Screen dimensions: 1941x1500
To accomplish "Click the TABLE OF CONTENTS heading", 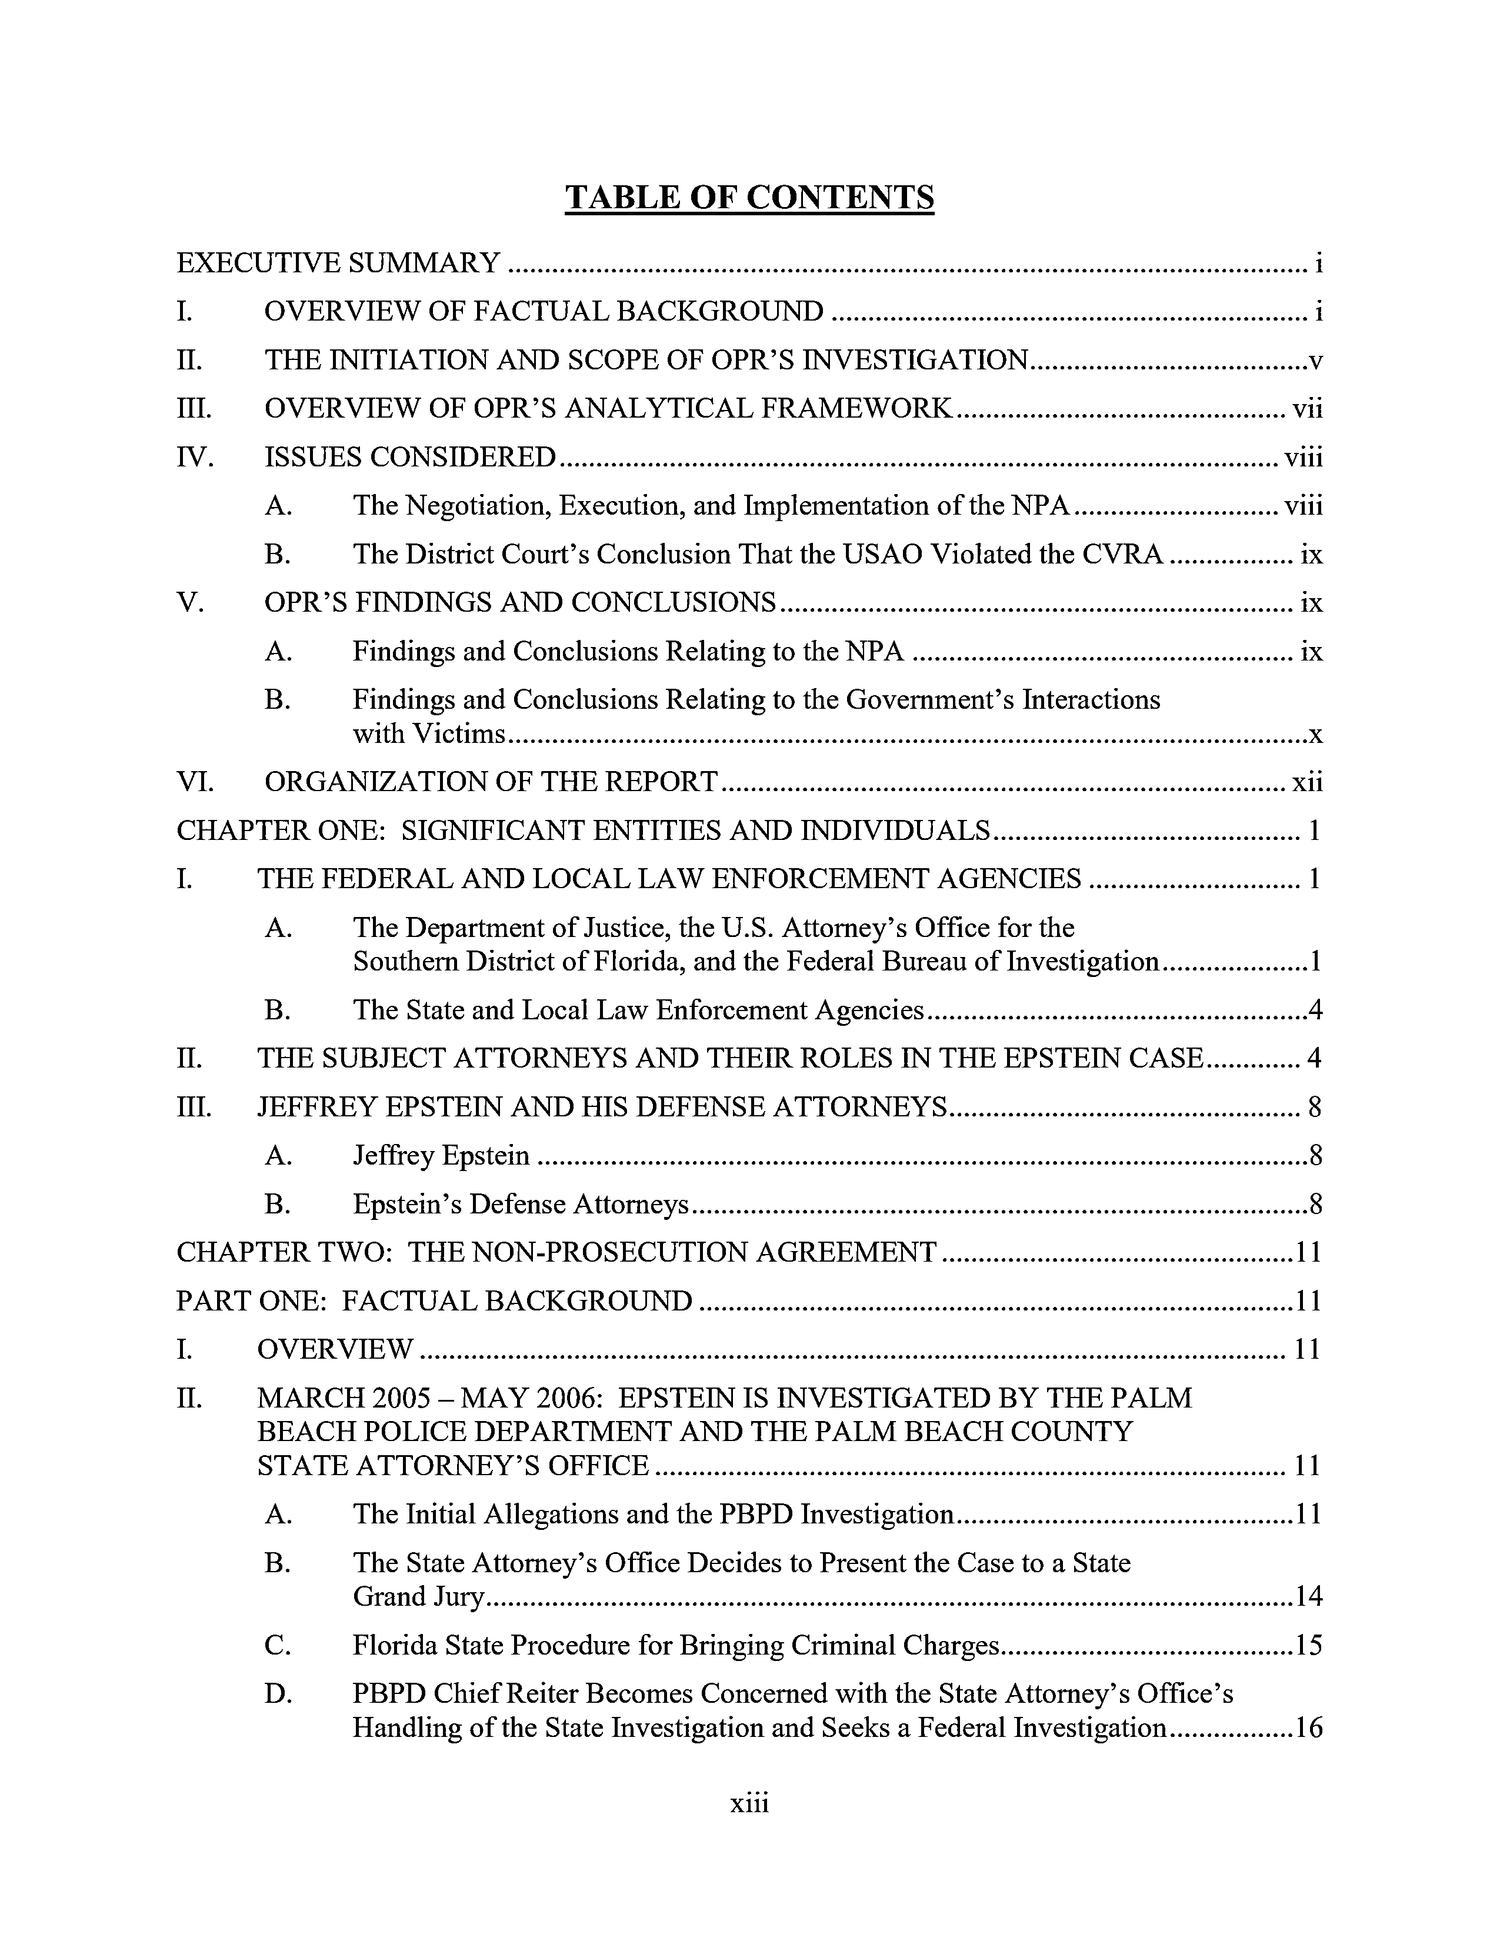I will [x=749, y=197].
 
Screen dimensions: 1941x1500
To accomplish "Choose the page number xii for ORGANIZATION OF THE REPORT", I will [x=1307, y=782].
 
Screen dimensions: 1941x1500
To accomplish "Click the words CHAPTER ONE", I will [x=280, y=831].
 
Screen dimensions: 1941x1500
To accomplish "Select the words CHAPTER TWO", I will [x=284, y=1253].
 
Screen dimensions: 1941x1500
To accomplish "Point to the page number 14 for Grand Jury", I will [x=1308, y=1597].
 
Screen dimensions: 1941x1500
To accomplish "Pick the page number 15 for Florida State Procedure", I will [x=1308, y=1646].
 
